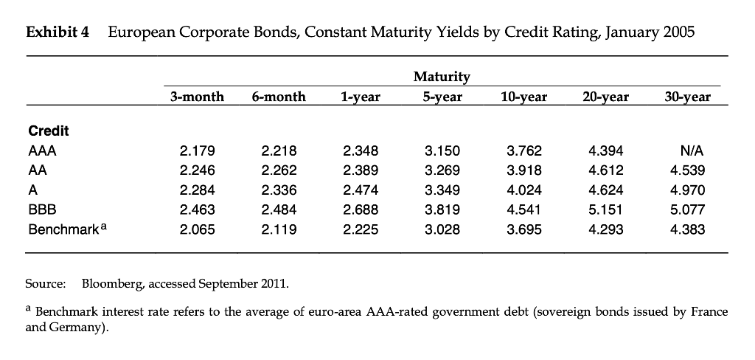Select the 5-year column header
coord(442,97)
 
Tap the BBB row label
coord(41,210)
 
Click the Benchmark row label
coord(63,229)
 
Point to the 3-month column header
coord(197,97)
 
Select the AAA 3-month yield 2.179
coord(198,151)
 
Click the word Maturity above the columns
coord(442,77)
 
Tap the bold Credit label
coord(48,131)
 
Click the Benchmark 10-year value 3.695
coord(523,229)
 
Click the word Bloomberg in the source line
coord(108,283)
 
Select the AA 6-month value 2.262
coord(279,171)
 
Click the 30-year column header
coord(687,97)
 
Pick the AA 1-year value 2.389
coord(361,171)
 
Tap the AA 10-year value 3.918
coord(523,171)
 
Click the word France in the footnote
coord(709,312)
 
